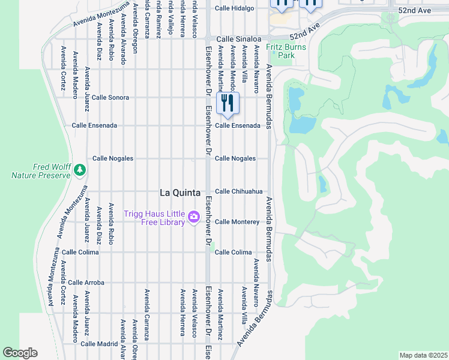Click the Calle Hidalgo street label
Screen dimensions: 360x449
[235, 8]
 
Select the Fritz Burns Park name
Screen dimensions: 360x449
[286, 51]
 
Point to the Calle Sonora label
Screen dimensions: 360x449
[110, 97]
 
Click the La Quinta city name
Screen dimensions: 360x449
[180, 193]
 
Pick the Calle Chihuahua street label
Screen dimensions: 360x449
[239, 191]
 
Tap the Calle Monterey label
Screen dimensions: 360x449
[237, 222]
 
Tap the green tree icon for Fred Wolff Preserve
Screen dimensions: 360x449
[80, 171]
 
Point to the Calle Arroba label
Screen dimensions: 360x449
[86, 283]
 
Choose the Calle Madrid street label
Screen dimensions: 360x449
[99, 344]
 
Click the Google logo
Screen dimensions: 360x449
[20, 353]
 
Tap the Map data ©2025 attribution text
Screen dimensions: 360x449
[423, 355]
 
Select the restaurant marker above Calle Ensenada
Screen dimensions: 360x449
[227, 103]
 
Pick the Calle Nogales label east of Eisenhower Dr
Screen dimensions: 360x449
[235, 158]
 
